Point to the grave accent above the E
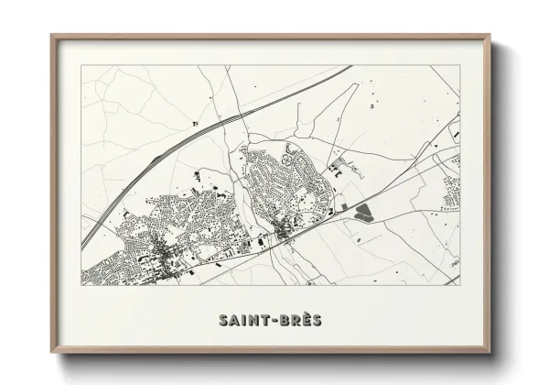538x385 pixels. (306, 313)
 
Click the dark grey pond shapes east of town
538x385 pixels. (364, 214)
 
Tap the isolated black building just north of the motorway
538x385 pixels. (193, 122)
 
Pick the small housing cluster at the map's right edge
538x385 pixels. (450, 192)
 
